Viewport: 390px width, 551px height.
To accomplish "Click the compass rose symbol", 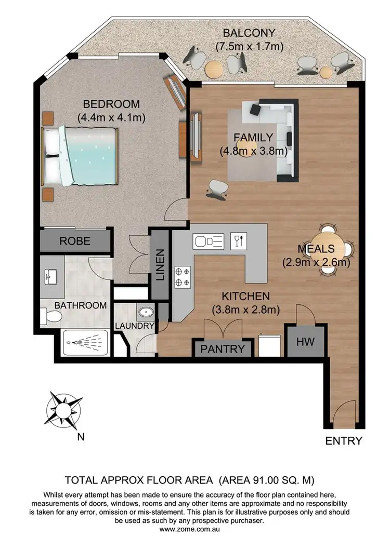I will [x=63, y=409].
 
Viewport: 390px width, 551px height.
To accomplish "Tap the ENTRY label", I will [x=343, y=441].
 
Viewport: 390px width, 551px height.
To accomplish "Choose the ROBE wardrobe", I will [x=75, y=241].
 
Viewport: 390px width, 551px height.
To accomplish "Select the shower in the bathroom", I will [x=85, y=342].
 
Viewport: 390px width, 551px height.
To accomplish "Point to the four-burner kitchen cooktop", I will [x=183, y=276].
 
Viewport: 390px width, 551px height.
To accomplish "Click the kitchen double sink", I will [x=208, y=241].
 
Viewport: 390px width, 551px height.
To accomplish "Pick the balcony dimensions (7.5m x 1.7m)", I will [x=249, y=47].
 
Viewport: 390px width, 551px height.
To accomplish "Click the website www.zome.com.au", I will [x=195, y=529].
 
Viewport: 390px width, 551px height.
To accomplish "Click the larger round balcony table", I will [x=214, y=69].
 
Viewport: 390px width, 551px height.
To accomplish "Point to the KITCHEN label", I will [x=245, y=297].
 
